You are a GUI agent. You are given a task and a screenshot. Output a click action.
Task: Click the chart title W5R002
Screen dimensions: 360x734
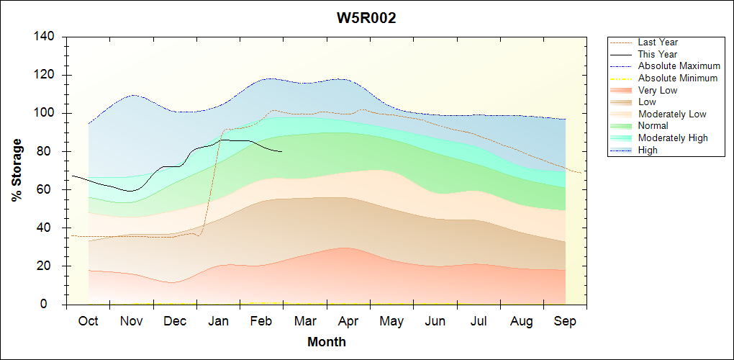point(366,18)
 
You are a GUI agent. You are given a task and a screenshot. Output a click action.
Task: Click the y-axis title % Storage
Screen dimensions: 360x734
point(17,171)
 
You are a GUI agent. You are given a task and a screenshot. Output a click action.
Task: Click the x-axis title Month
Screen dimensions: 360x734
point(326,342)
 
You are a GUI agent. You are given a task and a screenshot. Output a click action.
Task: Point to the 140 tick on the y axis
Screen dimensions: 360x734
point(47,37)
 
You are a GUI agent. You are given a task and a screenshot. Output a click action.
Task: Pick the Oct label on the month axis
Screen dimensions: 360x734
point(88,321)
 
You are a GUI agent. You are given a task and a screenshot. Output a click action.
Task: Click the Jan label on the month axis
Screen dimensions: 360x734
point(218,321)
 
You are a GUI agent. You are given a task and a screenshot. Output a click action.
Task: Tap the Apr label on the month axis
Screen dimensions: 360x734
point(348,321)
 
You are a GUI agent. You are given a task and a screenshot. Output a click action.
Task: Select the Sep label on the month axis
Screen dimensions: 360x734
point(565,321)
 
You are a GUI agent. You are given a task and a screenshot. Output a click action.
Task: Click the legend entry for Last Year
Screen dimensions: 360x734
point(658,42)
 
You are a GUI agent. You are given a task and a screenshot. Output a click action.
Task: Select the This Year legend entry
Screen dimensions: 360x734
point(658,54)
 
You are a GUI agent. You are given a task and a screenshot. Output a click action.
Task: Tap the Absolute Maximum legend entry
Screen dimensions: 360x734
point(679,66)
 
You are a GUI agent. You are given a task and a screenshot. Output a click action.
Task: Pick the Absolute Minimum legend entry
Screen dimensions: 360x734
point(678,78)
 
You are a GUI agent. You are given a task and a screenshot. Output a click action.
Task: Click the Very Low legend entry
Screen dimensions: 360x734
point(658,90)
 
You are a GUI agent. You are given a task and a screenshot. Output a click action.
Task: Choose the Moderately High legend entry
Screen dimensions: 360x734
point(673,138)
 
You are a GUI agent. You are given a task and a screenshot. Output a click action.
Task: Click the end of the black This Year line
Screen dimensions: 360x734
point(282,151)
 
